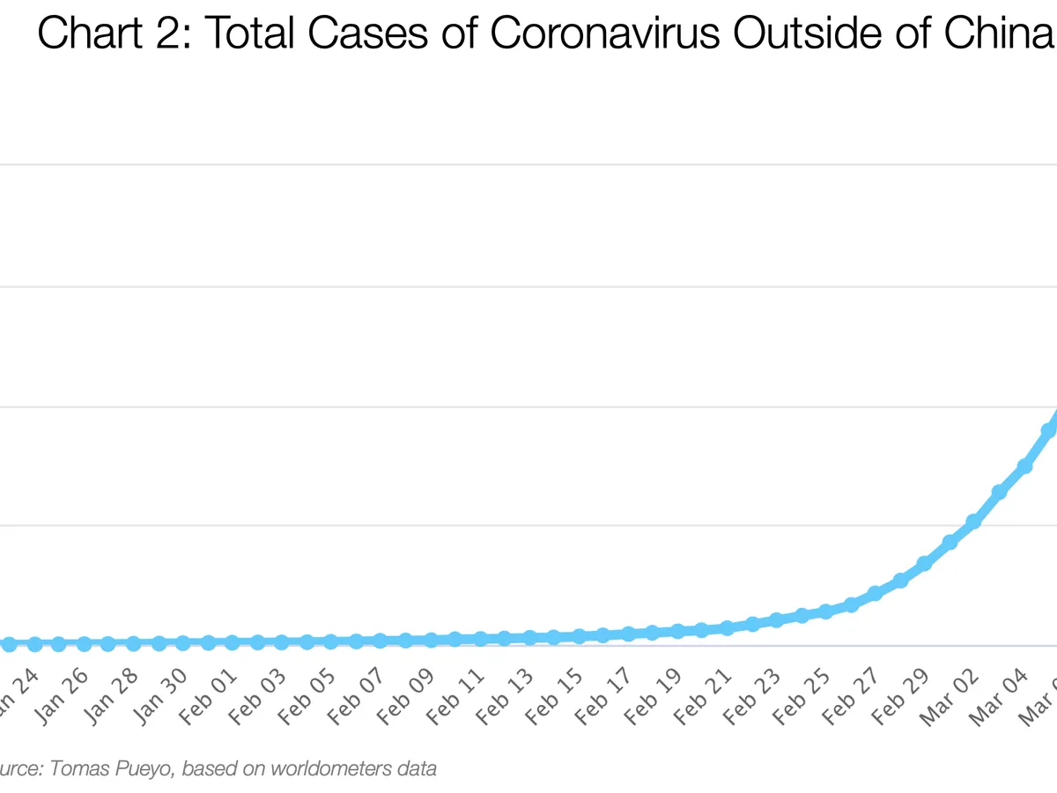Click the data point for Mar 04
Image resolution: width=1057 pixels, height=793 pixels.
tap(1024, 466)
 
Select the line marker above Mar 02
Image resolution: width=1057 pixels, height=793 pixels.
tap(974, 522)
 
